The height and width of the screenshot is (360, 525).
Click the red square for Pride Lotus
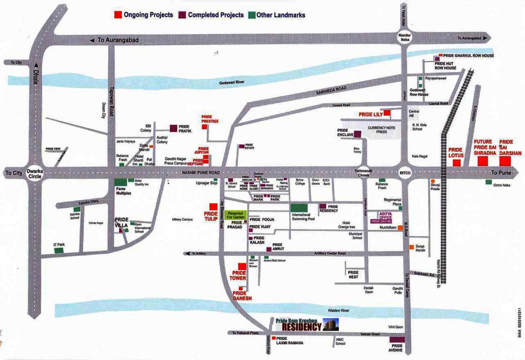(456, 163)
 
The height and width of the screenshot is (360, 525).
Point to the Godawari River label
(232, 82)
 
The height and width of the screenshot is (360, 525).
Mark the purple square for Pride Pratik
(173, 127)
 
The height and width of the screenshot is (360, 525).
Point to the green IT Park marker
(59, 250)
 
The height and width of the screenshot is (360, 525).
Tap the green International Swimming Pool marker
(300, 208)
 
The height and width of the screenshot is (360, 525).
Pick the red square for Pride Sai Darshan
(504, 161)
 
